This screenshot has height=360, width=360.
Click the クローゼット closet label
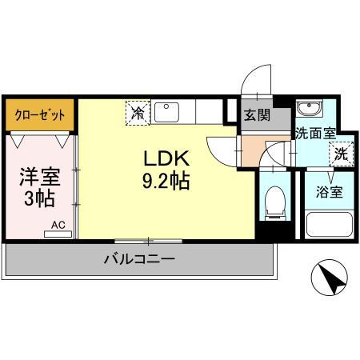pyautogui.click(x=39, y=113)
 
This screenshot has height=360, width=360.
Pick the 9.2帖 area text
pyautogui.click(x=166, y=181)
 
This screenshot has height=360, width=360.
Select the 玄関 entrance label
pyautogui.click(x=257, y=114)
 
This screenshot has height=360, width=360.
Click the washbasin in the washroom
pyautogui.click(x=307, y=110)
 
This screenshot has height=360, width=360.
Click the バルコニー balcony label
pyautogui.click(x=138, y=259)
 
